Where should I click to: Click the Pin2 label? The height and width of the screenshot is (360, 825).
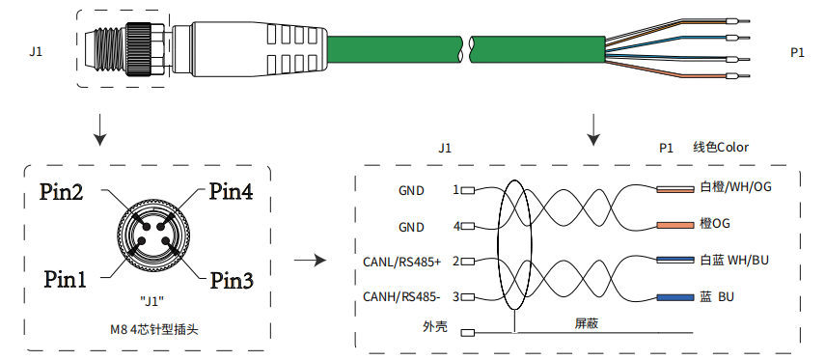click(61, 192)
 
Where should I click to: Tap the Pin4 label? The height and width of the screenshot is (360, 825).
click(231, 192)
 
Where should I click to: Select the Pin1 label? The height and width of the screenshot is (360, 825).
click(65, 279)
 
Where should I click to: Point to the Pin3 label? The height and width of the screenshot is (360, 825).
click(232, 281)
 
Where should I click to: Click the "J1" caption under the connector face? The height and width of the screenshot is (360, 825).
click(152, 301)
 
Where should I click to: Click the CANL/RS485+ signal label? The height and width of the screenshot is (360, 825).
click(402, 262)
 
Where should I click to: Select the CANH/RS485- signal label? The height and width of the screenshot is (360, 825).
click(401, 297)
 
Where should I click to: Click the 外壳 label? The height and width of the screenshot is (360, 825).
click(435, 327)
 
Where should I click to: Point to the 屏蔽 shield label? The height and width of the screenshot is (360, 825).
click(586, 323)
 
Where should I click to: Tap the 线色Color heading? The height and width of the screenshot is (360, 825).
click(721, 148)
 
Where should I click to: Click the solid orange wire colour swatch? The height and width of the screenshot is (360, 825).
click(675, 225)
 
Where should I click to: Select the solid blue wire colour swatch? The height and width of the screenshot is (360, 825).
click(675, 298)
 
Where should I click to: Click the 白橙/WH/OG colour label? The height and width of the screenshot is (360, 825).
click(736, 187)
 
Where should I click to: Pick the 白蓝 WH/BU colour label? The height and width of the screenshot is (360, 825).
click(734, 260)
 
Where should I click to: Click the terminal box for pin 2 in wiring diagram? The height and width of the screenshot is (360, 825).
click(468, 261)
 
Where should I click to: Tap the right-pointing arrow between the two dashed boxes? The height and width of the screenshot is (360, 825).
click(310, 260)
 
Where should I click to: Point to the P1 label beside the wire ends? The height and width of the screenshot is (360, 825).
click(797, 53)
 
